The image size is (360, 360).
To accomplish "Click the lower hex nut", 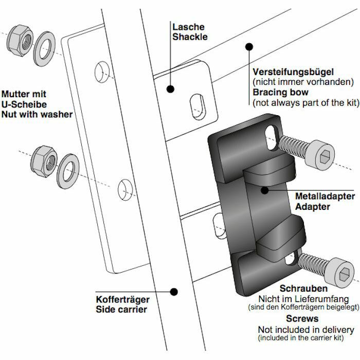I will tap(42, 160).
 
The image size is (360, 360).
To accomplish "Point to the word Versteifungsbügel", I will tap(293, 71).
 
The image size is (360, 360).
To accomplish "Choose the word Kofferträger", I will tap(122, 299).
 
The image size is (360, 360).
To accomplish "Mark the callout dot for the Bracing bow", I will tap(249, 47).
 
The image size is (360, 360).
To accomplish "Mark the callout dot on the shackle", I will tap(170, 89).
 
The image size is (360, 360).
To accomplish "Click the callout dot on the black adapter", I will tap(265, 190).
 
